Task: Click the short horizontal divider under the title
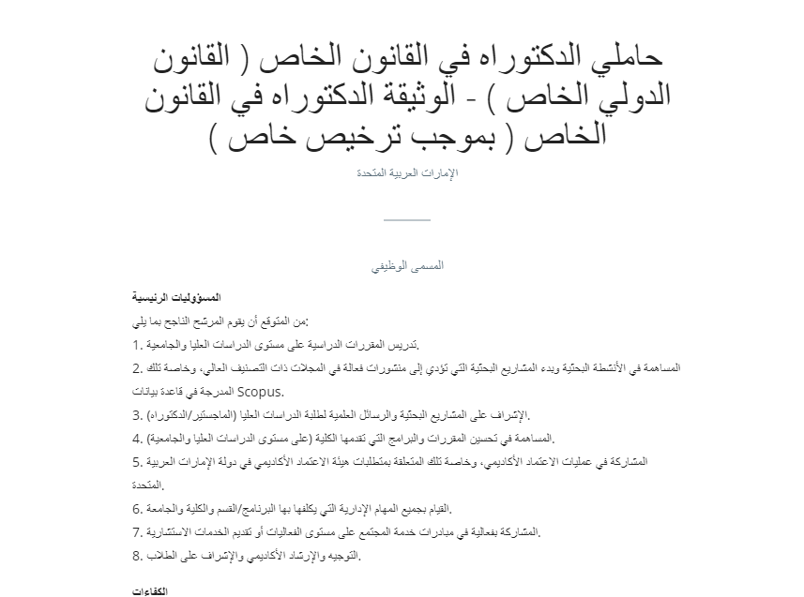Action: (407, 219)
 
